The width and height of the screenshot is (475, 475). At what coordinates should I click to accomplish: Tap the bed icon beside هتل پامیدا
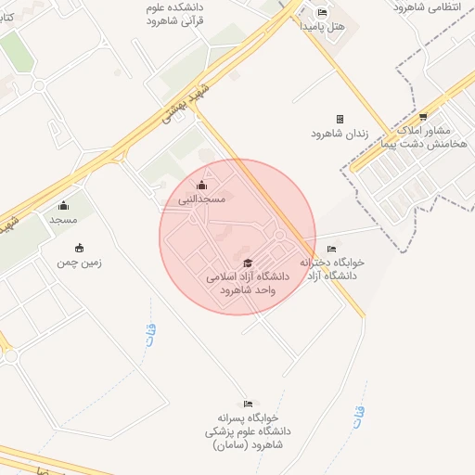point(322,12)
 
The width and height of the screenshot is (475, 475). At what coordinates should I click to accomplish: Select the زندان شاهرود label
point(340,134)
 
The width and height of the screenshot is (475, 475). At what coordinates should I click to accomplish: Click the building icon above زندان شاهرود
point(340,119)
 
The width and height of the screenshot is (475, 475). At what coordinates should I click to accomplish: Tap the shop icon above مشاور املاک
point(423,117)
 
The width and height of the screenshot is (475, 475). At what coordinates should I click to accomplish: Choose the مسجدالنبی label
point(202,199)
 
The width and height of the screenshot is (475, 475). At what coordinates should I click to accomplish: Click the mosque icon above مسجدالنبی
point(202,185)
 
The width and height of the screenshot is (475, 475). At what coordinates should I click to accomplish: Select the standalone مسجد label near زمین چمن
point(63,220)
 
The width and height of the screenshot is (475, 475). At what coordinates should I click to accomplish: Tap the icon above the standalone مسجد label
point(63,206)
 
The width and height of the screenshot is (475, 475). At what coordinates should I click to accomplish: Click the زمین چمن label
point(79,263)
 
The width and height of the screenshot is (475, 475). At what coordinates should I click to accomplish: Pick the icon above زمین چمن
point(79,248)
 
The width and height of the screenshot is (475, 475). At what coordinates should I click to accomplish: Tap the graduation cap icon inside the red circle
point(246,263)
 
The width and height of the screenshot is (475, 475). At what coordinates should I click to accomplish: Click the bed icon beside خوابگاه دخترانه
point(332,249)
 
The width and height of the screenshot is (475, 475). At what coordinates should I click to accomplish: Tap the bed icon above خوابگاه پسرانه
point(247,404)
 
